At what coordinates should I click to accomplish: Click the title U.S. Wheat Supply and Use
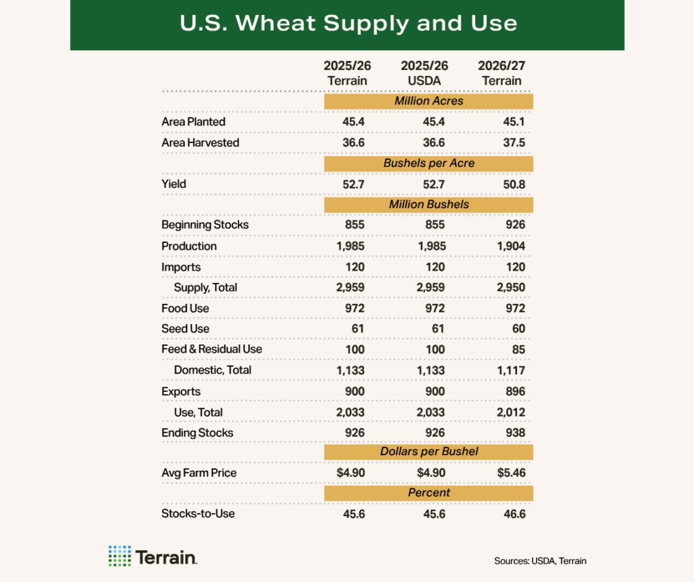347,24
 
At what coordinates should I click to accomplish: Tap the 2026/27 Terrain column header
501,73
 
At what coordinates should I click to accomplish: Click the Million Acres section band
428,101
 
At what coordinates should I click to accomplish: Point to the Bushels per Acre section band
428,163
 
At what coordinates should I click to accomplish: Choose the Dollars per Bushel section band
428,452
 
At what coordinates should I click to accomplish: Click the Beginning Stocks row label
205,225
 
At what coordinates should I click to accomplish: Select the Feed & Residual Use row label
211,349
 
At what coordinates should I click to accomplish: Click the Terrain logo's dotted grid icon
119,556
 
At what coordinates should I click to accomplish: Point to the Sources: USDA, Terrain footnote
540,561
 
